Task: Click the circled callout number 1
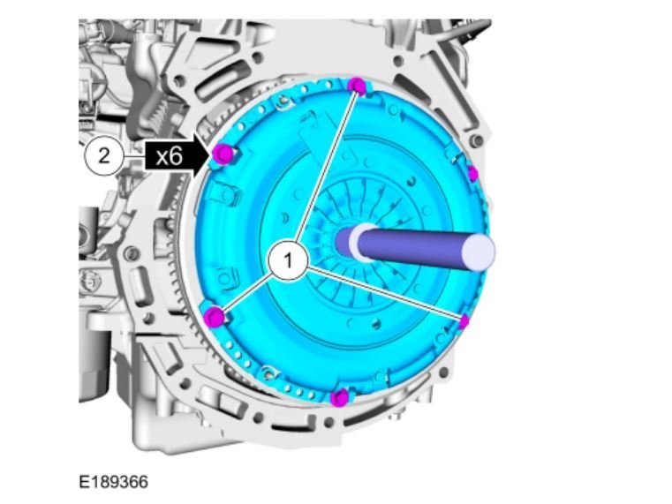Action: point(288,260)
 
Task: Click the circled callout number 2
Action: point(103,155)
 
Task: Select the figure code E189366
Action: point(114,482)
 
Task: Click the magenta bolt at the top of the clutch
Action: point(357,86)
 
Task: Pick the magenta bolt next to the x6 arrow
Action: point(223,154)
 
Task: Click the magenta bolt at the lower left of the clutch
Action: point(214,317)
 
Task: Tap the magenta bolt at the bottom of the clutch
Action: point(340,398)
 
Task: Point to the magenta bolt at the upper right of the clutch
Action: point(472,174)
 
